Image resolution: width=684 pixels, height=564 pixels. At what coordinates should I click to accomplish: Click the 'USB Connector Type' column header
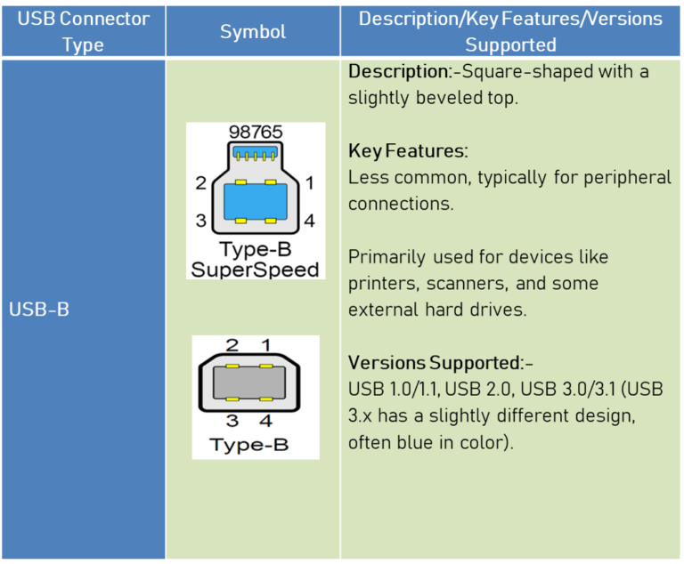(83, 31)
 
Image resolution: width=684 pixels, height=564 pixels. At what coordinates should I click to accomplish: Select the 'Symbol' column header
(253, 31)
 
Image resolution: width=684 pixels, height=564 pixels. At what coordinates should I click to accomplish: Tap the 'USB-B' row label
(39, 310)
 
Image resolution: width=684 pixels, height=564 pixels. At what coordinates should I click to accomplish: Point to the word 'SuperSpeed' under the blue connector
(255, 270)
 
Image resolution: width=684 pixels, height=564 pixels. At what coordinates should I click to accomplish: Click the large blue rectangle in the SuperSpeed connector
(255, 202)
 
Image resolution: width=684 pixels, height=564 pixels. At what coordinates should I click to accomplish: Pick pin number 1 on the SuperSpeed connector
(309, 183)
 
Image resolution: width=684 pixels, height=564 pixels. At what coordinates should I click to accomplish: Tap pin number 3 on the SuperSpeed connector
(200, 221)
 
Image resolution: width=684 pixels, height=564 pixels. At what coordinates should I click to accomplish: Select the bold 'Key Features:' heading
(408, 150)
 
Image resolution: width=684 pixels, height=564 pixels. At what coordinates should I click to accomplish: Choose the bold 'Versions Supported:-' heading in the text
(440, 363)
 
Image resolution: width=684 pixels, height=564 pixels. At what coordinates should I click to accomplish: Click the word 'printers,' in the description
(381, 284)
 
